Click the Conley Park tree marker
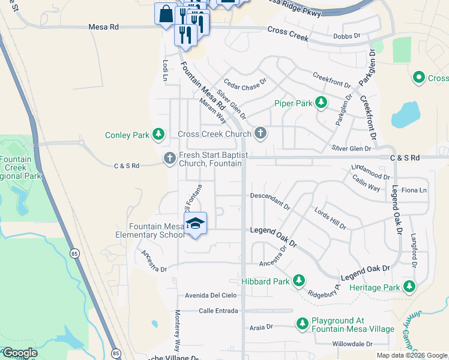coord(158,134)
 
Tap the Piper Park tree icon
coord(321,103)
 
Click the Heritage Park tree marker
coord(409,287)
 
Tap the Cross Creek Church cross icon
coord(260,133)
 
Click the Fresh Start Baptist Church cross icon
coord(170,158)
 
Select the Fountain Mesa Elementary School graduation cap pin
coord(195,224)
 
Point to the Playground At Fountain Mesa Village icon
coord(302,324)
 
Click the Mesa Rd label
coord(104,27)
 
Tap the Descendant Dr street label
coord(270,200)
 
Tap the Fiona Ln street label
coord(414,190)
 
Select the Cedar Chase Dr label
coord(245,82)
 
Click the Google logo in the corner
coord(20,353)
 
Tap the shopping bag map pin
coord(165,13)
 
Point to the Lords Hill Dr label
coord(330,218)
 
